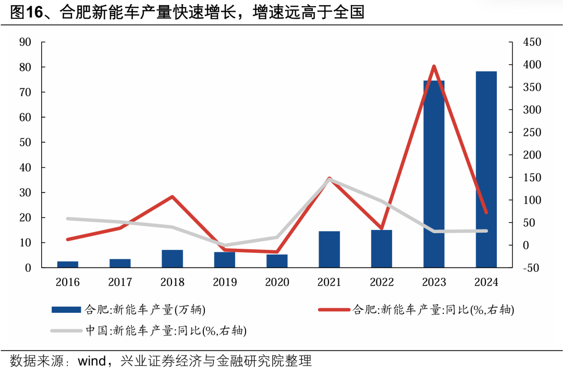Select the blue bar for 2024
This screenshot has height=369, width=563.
pos(486,170)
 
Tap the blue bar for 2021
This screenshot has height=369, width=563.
pos(329,250)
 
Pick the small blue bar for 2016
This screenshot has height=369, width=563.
pos(68,264)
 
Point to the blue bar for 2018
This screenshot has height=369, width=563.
pos(173,259)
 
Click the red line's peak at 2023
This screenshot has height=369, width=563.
pos(434,66)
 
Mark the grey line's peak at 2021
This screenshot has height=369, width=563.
pos(329,180)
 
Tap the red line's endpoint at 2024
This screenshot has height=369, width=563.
pos(486,212)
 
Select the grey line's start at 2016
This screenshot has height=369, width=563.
pos(68,219)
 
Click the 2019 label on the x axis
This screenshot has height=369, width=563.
pos(225,283)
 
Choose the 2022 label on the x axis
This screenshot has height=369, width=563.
pos(382,283)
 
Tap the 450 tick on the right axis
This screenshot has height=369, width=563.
pos(528,42)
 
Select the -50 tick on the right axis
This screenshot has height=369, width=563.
pos(527,268)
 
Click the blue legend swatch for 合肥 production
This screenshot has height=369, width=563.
pos(66,310)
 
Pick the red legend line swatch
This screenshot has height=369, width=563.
pos(334,310)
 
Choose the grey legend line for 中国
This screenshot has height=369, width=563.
pos(66,330)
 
